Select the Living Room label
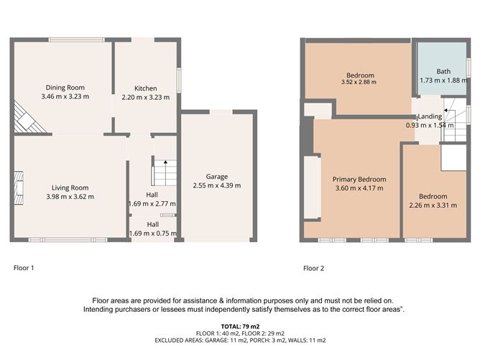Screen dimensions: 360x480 (70, 187)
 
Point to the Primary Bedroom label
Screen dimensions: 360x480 (359, 180)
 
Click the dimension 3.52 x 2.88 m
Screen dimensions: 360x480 (360, 83)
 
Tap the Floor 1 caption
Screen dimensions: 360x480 (24, 268)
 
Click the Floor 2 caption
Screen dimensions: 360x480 (313, 268)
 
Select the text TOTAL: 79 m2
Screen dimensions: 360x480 (240, 327)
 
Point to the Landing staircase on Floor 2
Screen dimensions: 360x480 (453, 116)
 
